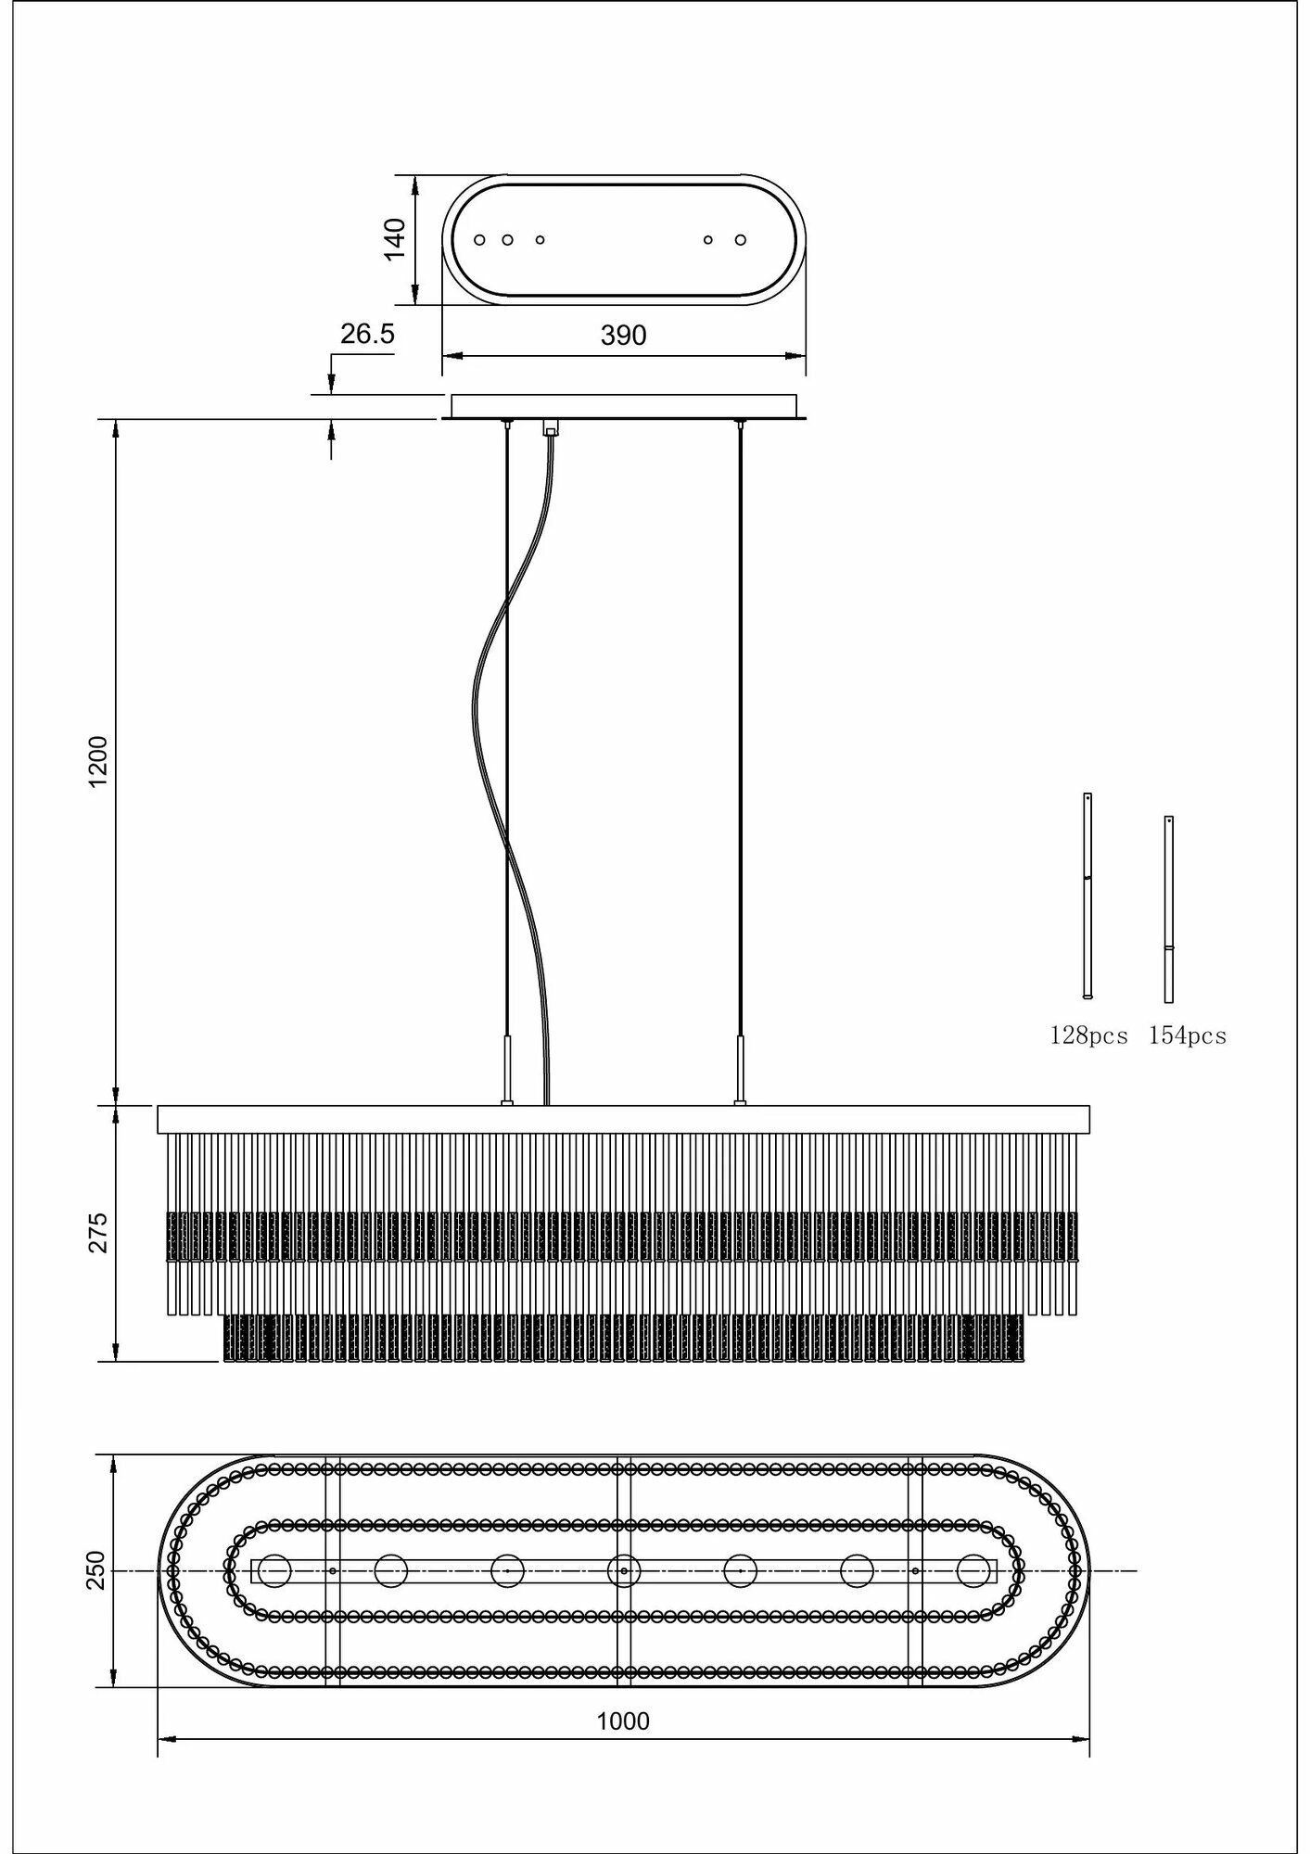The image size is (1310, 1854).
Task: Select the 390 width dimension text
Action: pos(623,336)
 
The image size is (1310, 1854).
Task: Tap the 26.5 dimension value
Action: pos(367,334)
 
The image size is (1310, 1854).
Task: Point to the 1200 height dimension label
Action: pos(98,762)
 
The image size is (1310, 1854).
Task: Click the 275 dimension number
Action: pos(98,1232)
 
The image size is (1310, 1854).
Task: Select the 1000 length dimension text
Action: pos(623,1721)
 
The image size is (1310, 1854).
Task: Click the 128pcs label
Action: pos(1088,1036)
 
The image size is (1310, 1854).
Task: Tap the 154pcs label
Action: pos(1188,1036)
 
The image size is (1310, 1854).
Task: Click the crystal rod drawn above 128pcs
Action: pos(1087,895)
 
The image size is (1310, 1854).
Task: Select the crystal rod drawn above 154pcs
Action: pos(1169,908)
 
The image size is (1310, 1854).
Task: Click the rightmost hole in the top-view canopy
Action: pos(741,240)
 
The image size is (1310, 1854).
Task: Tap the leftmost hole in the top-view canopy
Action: pos(479,240)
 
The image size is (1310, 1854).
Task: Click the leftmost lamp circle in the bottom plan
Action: pos(274,1570)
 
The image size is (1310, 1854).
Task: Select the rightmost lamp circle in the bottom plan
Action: pos(973,1570)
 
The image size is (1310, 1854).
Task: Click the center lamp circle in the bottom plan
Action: pos(623,1570)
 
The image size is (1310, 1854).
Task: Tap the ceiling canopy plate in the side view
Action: pos(623,407)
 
